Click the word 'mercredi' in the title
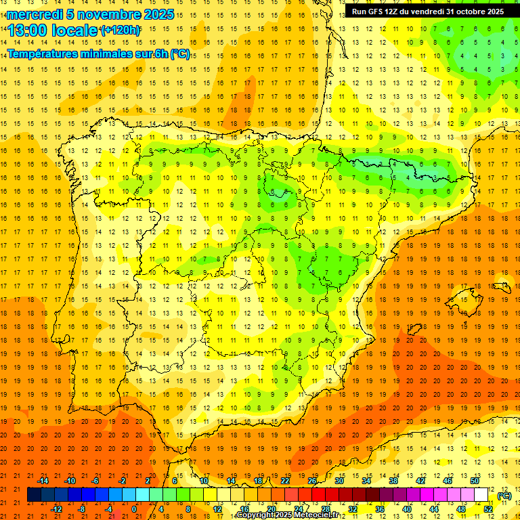click(x=34, y=14)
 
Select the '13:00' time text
click(x=28, y=30)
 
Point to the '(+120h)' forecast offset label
click(x=120, y=30)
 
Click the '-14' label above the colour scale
click(x=43, y=481)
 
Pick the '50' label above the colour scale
click(x=475, y=481)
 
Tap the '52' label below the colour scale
click(x=488, y=508)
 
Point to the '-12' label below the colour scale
click(x=57, y=508)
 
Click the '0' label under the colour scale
click(x=134, y=508)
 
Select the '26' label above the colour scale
click(x=312, y=481)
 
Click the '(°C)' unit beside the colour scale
click(x=504, y=496)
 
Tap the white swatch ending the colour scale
click(x=481, y=495)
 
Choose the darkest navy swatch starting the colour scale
click(x=34, y=495)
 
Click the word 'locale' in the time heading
click(x=74, y=30)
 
